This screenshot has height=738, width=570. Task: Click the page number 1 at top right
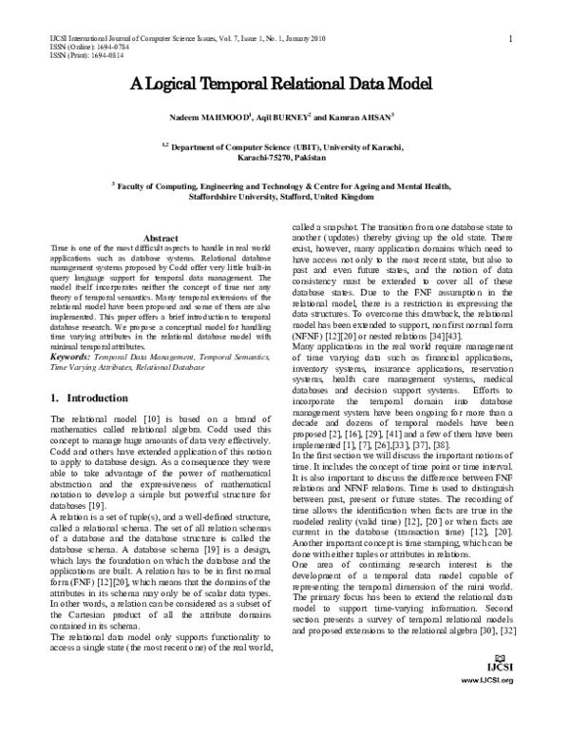[x=511, y=38]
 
